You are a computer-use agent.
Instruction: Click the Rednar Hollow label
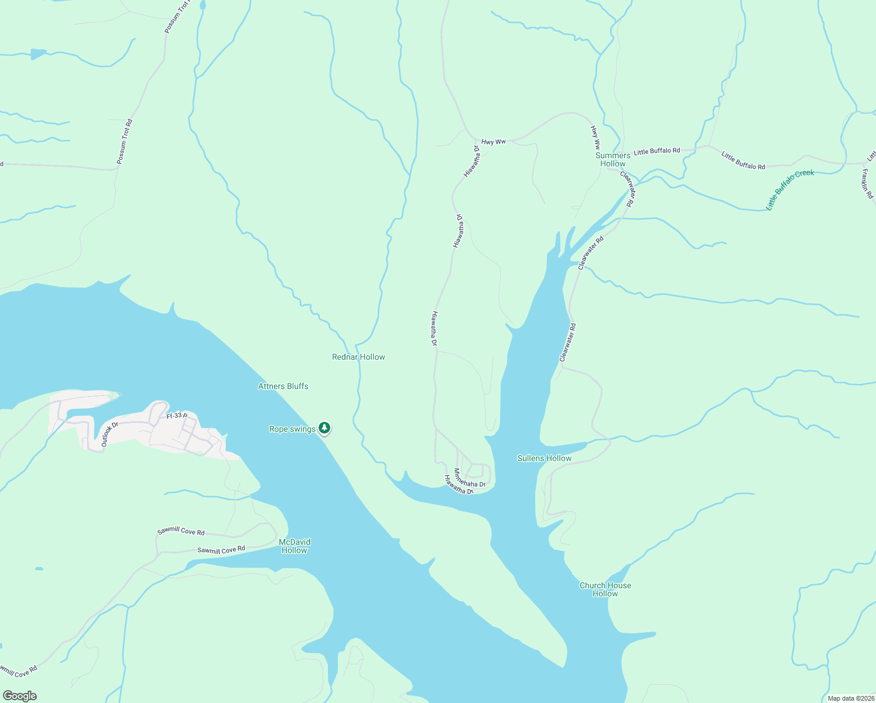point(358,357)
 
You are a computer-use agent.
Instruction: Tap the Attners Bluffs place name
point(283,386)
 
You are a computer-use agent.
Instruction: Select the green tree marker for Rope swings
point(324,428)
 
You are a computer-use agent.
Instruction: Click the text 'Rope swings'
point(292,429)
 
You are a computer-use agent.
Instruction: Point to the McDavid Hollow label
point(295,546)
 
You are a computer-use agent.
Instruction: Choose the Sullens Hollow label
point(544,458)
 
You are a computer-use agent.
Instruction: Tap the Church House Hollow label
point(605,589)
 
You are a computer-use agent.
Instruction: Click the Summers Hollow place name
point(612,159)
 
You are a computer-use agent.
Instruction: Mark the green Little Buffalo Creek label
point(790,189)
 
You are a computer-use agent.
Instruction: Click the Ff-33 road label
point(176,416)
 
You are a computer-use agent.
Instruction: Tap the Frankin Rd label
point(867,183)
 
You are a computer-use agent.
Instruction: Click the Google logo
point(19,696)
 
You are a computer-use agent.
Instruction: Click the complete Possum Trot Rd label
point(124,141)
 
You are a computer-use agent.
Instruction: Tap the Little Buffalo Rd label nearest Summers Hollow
point(656,151)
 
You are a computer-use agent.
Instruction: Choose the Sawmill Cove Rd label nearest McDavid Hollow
point(221,550)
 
